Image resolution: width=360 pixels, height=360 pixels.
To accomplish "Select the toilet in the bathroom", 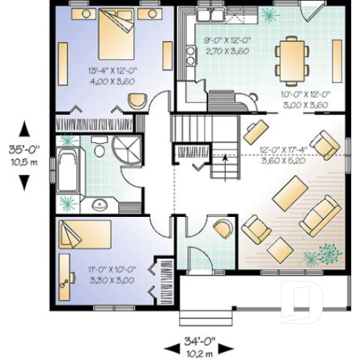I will [98, 152].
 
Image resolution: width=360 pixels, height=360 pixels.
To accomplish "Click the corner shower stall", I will [127, 150].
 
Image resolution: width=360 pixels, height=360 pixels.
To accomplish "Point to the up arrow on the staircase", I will [224, 157].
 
